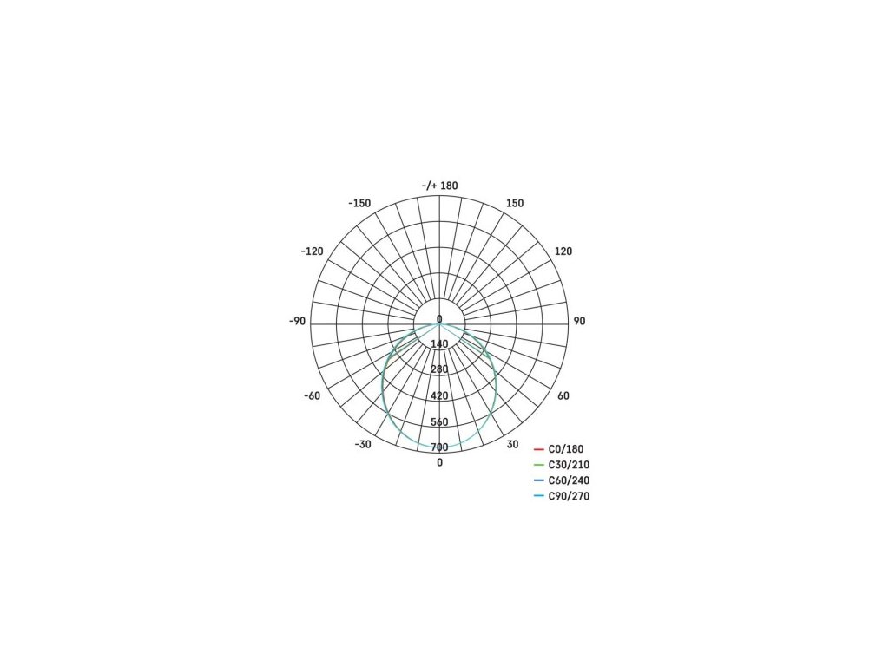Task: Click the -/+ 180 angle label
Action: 439,186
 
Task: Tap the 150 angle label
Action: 515,203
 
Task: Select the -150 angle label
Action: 359,203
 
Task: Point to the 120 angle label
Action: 563,251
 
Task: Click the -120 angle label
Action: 312,251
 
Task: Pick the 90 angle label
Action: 579,321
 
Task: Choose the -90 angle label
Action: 297,321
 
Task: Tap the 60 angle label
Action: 563,395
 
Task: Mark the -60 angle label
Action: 313,395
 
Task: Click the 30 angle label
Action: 512,445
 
